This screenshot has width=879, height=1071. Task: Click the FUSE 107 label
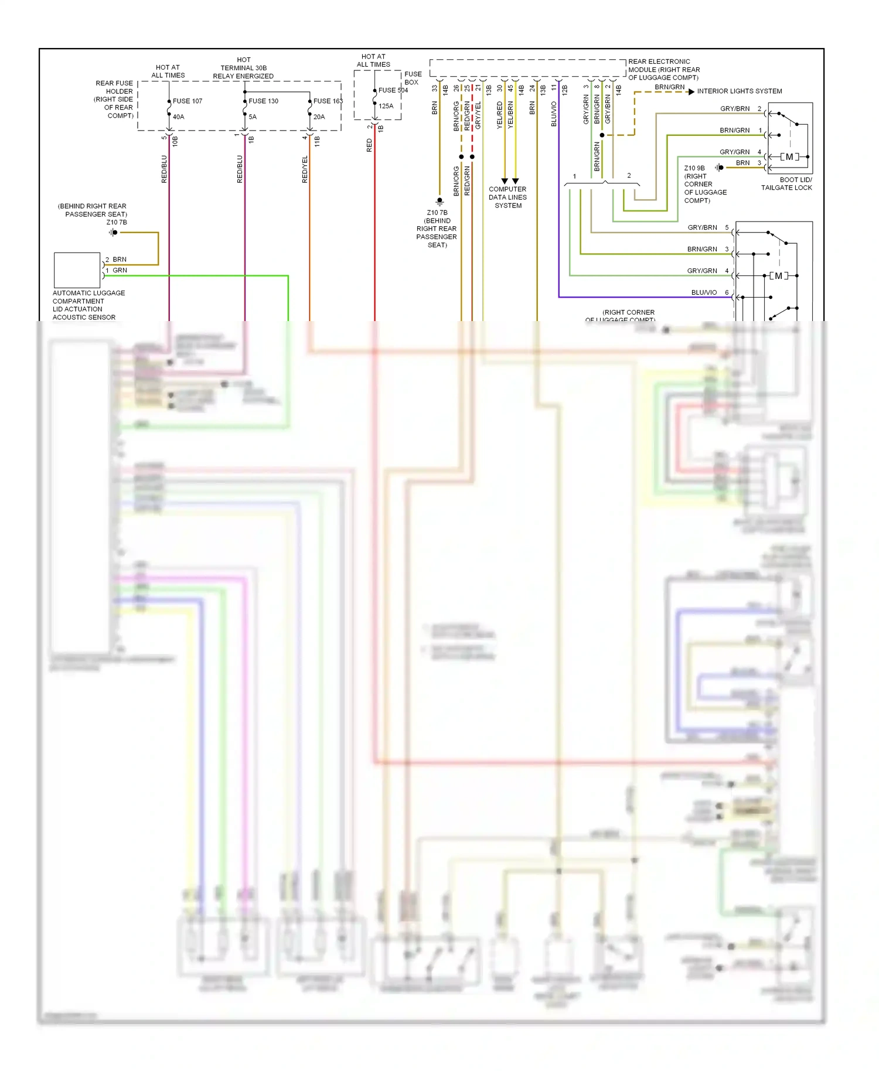click(x=187, y=101)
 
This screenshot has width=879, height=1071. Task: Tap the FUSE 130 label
click(x=263, y=101)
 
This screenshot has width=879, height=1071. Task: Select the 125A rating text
click(x=386, y=106)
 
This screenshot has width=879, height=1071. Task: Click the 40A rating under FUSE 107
click(x=178, y=117)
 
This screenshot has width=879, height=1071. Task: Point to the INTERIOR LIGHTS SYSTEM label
click(x=739, y=91)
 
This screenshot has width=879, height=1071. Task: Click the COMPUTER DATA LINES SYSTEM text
click(x=507, y=197)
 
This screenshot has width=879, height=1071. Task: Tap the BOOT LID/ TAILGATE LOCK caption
click(x=786, y=184)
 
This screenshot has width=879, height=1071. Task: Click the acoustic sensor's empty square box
click(x=77, y=270)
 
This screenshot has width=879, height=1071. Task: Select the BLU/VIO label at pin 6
click(x=704, y=292)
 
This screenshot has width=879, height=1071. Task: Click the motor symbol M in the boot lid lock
click(x=789, y=156)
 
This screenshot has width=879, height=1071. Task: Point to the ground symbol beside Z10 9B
click(x=719, y=168)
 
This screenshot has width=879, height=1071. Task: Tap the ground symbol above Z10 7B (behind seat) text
click(x=439, y=202)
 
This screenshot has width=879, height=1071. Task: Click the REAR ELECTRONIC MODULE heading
click(x=663, y=69)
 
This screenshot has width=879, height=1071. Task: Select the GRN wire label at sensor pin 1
click(x=120, y=270)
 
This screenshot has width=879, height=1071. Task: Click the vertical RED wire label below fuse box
click(x=369, y=145)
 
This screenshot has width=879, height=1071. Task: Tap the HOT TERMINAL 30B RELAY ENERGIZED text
click(x=243, y=68)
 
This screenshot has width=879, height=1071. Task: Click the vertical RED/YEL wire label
click(x=305, y=170)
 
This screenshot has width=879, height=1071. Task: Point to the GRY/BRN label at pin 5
click(x=702, y=227)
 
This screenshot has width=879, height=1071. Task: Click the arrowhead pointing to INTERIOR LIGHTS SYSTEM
click(x=691, y=91)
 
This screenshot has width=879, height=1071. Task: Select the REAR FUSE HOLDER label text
click(x=115, y=99)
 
